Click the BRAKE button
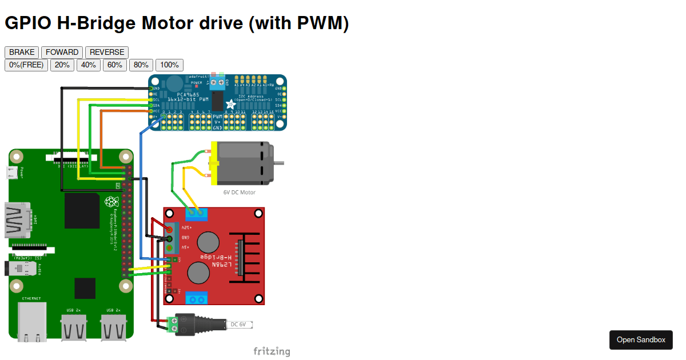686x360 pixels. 22,52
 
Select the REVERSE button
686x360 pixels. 107,52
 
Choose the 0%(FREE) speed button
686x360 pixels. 26,65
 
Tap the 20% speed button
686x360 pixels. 62,65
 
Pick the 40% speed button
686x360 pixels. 89,65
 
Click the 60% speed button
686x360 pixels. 115,65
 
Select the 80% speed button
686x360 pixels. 141,65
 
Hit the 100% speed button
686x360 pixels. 169,65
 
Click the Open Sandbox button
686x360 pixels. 641,339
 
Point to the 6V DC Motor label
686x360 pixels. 240,192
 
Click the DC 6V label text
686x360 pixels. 238,325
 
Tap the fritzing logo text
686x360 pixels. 272,351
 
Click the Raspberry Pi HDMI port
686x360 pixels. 17,220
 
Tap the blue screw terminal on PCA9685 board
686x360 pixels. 217,83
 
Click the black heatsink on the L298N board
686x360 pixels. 243,259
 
